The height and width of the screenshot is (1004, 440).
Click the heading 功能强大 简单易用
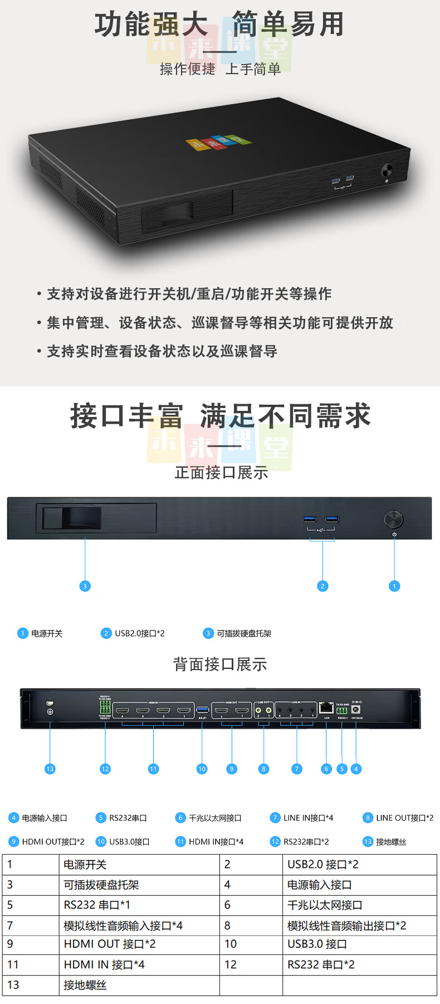[x=219, y=25]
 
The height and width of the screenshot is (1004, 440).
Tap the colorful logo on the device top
[x=218, y=142]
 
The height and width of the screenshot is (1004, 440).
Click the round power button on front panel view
[x=394, y=520]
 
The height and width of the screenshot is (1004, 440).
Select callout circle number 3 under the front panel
[x=85, y=586]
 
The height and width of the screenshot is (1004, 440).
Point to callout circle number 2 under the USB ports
[x=322, y=586]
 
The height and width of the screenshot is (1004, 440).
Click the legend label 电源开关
[x=47, y=633]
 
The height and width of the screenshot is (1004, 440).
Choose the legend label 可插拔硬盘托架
[x=244, y=633]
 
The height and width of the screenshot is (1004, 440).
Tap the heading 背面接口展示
[x=220, y=664]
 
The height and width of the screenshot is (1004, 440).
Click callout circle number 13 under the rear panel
[x=50, y=769]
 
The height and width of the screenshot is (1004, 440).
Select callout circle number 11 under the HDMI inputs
[x=153, y=769]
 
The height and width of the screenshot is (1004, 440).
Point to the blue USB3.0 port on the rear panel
[x=203, y=710]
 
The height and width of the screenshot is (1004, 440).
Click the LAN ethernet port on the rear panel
[x=326, y=708]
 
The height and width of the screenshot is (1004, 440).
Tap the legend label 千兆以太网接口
[x=215, y=818]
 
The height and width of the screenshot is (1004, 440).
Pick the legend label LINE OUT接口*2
[x=404, y=818]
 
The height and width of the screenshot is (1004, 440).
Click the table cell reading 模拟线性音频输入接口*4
[x=123, y=926]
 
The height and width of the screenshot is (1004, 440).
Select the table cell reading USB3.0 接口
[x=317, y=944]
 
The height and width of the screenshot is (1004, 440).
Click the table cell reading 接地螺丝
[x=85, y=985]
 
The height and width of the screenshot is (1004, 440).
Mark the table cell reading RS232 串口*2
[x=321, y=964]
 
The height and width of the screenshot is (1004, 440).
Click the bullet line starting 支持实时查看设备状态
[x=162, y=351]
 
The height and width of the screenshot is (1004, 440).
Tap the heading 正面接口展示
[x=221, y=473]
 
